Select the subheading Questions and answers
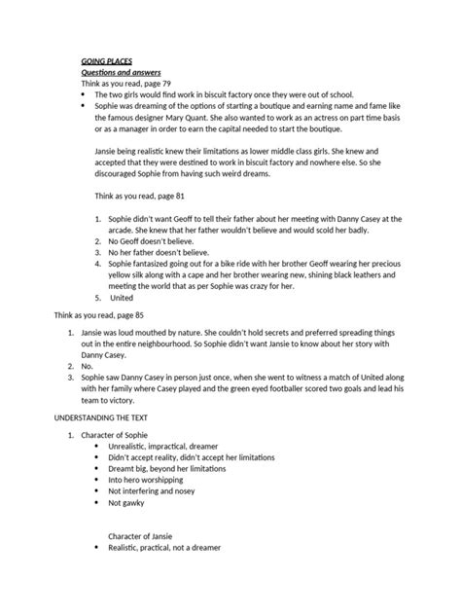(x=121, y=73)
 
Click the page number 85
(x=149, y=344)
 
